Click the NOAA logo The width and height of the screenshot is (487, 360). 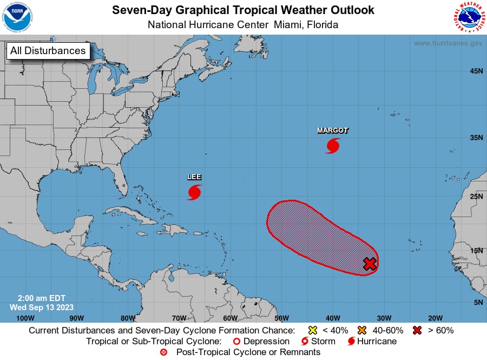tap(18, 17)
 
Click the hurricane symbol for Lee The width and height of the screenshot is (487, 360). tap(195, 192)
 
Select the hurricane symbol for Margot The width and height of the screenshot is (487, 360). tap(333, 145)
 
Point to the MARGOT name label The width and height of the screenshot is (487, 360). tap(333, 130)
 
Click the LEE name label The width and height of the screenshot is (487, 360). tap(194, 177)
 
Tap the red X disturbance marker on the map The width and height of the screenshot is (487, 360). tap(370, 264)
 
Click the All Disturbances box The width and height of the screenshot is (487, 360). tap(48, 51)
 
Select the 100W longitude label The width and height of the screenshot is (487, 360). tap(25, 318)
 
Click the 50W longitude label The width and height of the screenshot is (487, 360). tap(281, 318)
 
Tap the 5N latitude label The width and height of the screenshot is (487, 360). tap(478, 302)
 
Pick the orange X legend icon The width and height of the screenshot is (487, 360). tap(362, 330)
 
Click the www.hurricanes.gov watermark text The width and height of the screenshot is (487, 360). tap(447, 43)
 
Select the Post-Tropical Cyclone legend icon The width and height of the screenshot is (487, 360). tap(164, 352)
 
